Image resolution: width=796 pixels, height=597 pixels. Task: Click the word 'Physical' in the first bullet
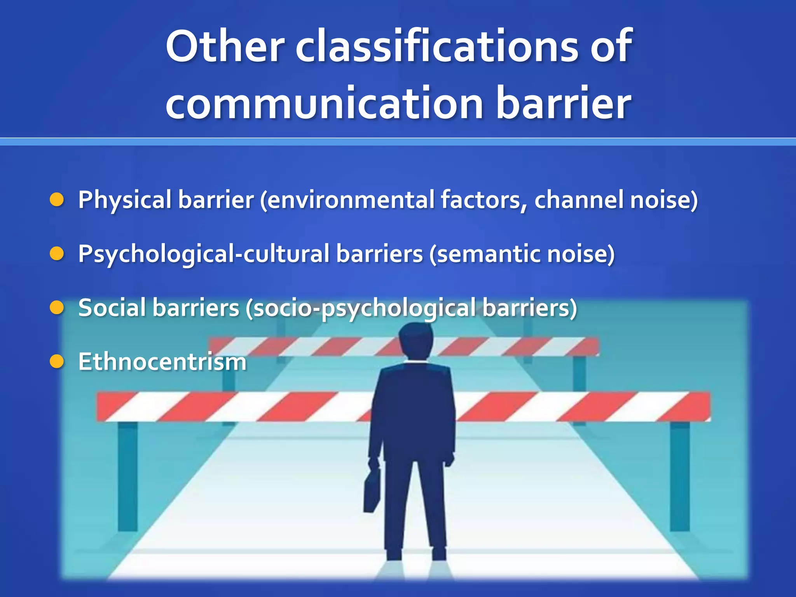125,200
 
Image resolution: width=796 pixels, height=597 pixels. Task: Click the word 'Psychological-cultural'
204,255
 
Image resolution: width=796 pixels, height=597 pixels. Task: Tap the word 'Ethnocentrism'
162,362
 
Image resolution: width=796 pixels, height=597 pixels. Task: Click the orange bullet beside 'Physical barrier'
57,200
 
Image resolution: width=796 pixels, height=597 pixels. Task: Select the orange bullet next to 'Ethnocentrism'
57,362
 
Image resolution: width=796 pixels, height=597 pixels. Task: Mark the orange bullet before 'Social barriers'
57,308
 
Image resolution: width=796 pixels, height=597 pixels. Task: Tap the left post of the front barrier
127,476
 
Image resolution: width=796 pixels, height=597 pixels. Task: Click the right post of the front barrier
679,476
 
